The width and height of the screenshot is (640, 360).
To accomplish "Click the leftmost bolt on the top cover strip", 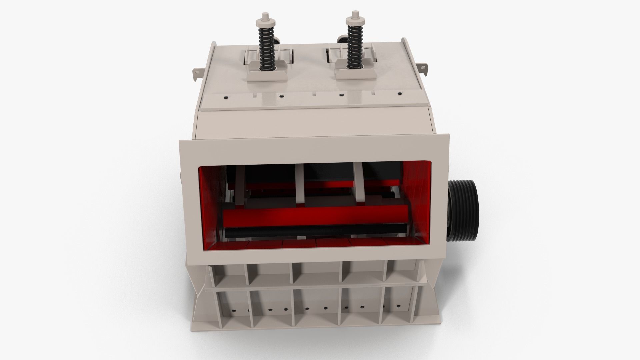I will point(226,97).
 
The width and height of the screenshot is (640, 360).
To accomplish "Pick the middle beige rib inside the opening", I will point(300,187).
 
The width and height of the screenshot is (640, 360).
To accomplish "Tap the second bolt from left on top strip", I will point(282,96).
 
